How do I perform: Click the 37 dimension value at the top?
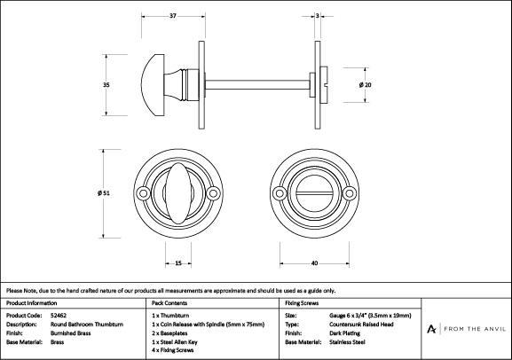tap(173, 16)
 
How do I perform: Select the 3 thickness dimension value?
tap(318, 16)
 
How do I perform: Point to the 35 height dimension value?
tap(106, 85)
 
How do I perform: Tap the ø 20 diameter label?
tap(365, 85)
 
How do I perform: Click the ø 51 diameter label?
tap(104, 193)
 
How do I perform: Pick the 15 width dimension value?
tap(178, 263)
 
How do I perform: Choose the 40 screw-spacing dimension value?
tap(314, 263)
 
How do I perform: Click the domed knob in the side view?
tap(153, 85)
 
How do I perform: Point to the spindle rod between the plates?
tap(257, 85)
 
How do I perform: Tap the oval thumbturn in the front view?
tap(178, 193)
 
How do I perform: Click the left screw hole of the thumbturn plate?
tap(143, 193)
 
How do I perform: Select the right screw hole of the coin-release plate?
tap(350, 193)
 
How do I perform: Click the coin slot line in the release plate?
tap(315, 193)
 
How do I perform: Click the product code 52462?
tap(59, 316)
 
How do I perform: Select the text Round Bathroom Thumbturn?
tap(87, 325)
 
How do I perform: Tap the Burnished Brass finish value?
tap(70, 333)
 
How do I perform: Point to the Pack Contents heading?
tap(169, 303)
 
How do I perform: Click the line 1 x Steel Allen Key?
tap(175, 342)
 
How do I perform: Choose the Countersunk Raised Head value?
tap(361, 325)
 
